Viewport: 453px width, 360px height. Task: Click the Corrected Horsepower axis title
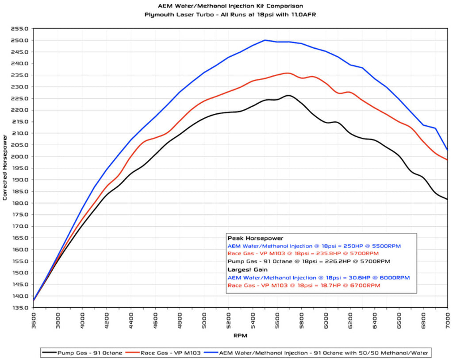[5, 168]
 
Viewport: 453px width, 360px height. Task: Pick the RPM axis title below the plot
[240, 336]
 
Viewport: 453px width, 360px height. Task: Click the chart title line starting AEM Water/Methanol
[230, 6]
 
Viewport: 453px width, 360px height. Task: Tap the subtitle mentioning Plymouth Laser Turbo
[230, 14]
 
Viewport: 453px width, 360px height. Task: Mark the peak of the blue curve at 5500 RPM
[265, 40]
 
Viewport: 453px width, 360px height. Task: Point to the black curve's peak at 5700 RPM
[288, 95]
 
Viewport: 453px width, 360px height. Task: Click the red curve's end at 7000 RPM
[447, 160]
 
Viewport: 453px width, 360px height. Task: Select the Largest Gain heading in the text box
[247, 270]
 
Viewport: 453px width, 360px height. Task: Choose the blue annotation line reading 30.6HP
[319, 278]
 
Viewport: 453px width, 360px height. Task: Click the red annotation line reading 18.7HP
[303, 286]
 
